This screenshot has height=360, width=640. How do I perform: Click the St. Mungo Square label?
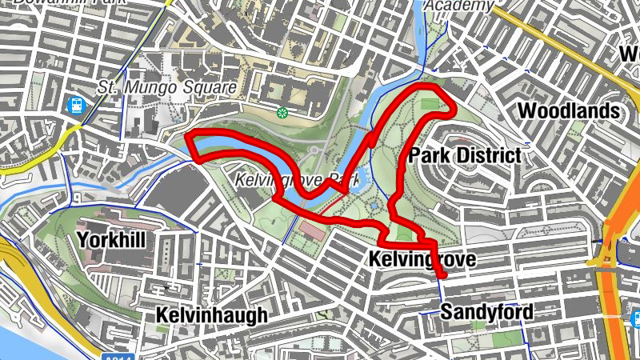coord(167,86)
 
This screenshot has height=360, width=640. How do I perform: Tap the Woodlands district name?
coord(569,110)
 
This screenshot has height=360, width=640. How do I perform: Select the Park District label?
coord(465,155)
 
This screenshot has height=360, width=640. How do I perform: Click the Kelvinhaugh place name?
coord(211,315)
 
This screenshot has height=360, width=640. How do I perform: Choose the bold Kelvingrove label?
coord(422,259)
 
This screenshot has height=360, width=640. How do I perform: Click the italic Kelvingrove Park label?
coord(298,181)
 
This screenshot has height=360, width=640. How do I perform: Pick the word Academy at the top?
coord(458,6)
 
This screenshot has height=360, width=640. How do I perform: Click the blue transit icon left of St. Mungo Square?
coord(77,105)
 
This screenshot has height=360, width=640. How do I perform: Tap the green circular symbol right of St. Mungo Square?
coord(282,113)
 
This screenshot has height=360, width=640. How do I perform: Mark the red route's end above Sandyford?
coord(442,277)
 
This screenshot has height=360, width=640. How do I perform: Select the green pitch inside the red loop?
coord(429,104)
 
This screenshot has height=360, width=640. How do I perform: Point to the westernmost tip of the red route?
coord(187,137)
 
